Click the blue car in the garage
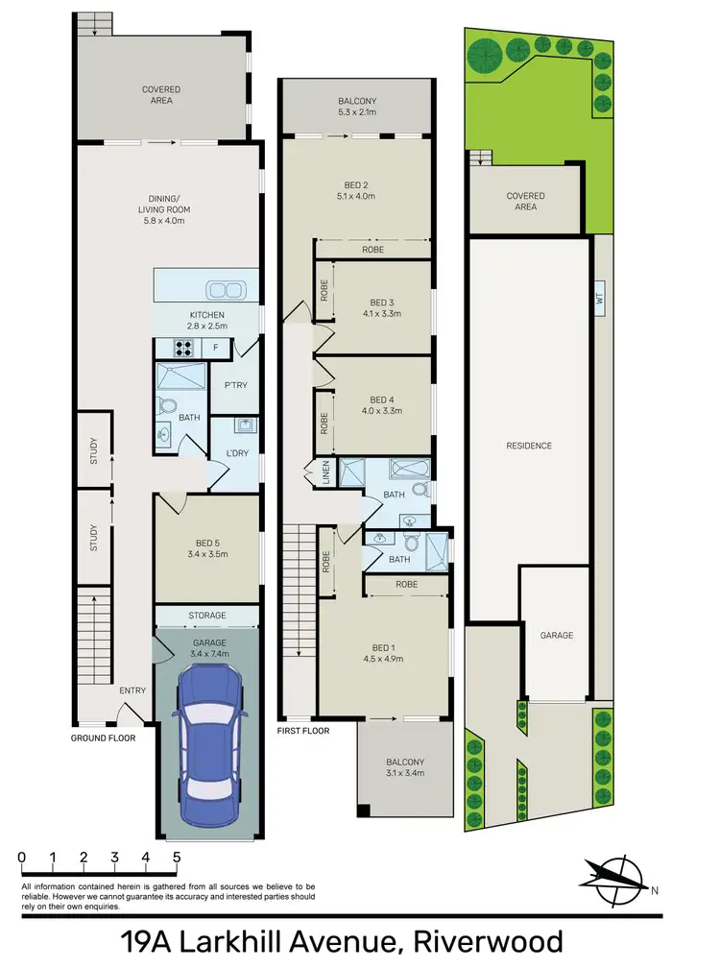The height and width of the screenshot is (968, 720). pyautogui.click(x=206, y=741)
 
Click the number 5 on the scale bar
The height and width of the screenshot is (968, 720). pyautogui.click(x=177, y=857)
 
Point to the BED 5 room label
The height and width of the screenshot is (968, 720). pyautogui.click(x=206, y=547)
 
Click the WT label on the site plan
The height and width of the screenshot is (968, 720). pyautogui.click(x=599, y=299)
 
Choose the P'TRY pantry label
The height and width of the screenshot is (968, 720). pyautogui.click(x=236, y=385)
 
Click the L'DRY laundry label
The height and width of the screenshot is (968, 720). pyautogui.click(x=236, y=453)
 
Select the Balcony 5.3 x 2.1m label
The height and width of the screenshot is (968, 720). pyautogui.click(x=355, y=106)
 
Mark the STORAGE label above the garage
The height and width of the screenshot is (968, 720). pyautogui.click(x=206, y=616)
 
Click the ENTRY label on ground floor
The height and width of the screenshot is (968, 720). pyautogui.click(x=132, y=690)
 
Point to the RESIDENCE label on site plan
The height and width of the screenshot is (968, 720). pyautogui.click(x=528, y=446)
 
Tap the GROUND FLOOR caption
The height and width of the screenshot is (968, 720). pyautogui.click(x=103, y=738)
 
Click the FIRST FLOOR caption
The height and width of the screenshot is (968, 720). pyautogui.click(x=302, y=732)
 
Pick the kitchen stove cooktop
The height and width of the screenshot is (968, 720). pyautogui.click(x=183, y=346)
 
